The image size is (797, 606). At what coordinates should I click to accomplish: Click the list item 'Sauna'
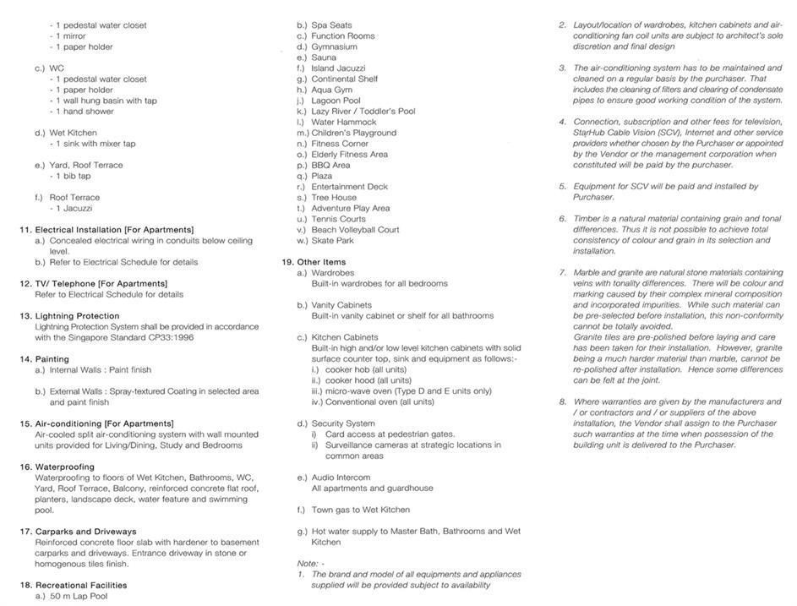pos(324,57)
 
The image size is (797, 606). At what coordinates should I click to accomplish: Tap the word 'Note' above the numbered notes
pos(307,563)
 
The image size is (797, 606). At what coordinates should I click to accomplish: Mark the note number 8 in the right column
pos(562,401)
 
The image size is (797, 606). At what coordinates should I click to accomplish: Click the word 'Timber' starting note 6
pos(587,218)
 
